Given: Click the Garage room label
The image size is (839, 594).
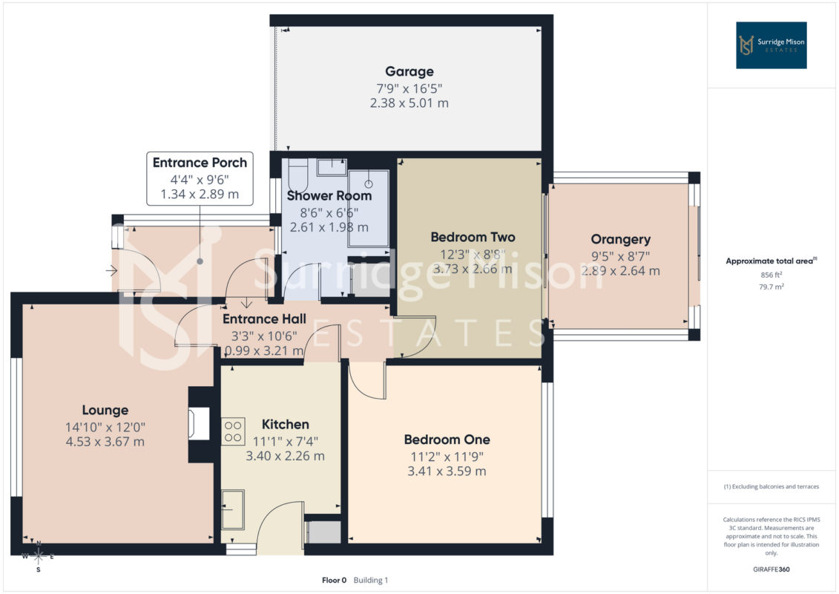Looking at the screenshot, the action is [x=409, y=71].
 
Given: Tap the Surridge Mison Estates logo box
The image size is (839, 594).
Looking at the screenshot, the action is [x=771, y=45].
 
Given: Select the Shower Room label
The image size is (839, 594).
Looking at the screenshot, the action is [x=329, y=195].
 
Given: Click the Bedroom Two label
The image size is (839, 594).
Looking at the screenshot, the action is [x=473, y=237].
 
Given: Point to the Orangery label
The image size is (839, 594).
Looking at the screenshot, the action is [x=621, y=239].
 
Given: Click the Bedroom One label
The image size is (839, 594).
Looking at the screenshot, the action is [x=447, y=440].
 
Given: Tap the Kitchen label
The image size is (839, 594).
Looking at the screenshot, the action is [x=285, y=424].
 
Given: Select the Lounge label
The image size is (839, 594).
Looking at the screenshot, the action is [x=105, y=411].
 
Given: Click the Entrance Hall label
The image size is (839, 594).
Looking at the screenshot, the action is [x=264, y=319].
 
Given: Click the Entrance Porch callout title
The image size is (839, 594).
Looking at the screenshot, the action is [x=200, y=163].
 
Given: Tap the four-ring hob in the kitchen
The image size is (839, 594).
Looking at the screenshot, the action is [x=233, y=431].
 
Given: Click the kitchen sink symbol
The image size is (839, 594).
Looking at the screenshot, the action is [x=233, y=509].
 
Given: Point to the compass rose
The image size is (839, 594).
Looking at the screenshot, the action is [x=39, y=557].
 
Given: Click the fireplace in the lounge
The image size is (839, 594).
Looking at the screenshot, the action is [x=199, y=424].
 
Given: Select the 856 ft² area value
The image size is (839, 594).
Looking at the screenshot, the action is [x=771, y=275].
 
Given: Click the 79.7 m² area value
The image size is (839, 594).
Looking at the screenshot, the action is [x=771, y=287].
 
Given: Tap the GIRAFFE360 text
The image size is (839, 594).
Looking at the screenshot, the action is [x=771, y=569].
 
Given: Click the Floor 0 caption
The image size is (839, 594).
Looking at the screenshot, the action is [x=334, y=580].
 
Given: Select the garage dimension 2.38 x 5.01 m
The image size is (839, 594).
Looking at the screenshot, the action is [x=409, y=103].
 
